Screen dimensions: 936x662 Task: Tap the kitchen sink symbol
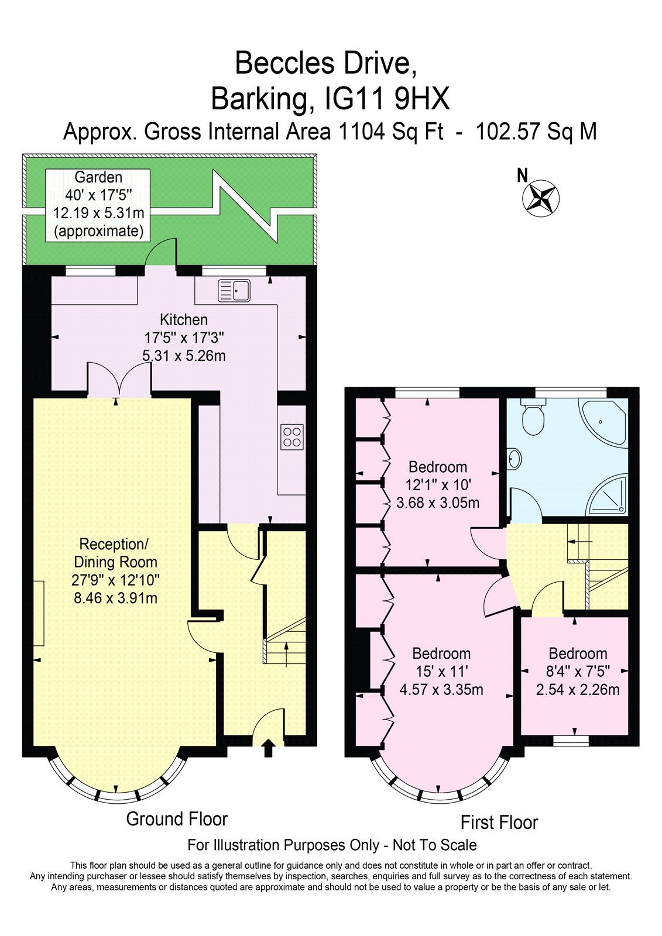pyautogui.click(x=234, y=290)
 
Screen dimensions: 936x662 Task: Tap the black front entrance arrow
pyautogui.click(x=269, y=748)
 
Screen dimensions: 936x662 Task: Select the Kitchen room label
pyautogui.click(x=184, y=319)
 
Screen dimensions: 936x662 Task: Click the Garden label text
pyautogui.click(x=98, y=177)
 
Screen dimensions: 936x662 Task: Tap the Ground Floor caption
pyautogui.click(x=177, y=818)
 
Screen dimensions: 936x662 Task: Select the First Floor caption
pyautogui.click(x=499, y=822)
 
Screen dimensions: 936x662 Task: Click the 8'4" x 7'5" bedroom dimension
pyautogui.click(x=578, y=671)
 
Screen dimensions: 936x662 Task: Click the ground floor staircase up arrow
pyautogui.click(x=286, y=654)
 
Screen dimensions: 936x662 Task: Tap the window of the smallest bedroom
pyautogui.click(x=571, y=741)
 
